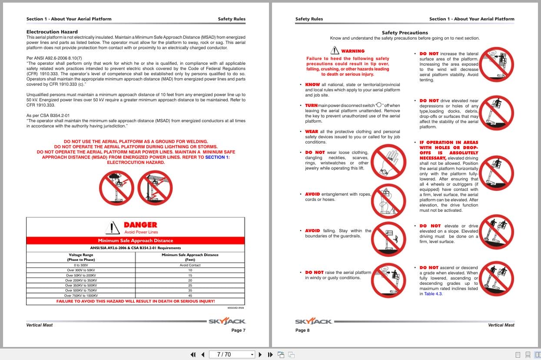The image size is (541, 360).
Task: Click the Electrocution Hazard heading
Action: coord(52,32)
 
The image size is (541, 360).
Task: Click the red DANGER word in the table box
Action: coord(140,225)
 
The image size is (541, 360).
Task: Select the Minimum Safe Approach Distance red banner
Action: coord(136,240)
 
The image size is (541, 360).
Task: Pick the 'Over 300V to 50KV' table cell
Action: coord(81,270)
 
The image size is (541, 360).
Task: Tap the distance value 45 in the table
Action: coord(190,296)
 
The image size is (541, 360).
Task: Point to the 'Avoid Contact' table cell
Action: coord(190,265)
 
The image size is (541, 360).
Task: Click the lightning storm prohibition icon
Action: coord(116,188)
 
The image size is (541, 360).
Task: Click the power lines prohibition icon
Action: coord(155,188)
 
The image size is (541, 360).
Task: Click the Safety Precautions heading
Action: coord(405,33)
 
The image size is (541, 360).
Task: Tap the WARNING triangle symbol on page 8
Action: coord(335,50)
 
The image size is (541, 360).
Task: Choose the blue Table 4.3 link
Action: coord(433,294)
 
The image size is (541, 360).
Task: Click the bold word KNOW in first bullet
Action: coord(312,85)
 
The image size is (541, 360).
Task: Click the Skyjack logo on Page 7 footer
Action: coord(227,322)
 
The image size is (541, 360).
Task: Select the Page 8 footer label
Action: coord(302,330)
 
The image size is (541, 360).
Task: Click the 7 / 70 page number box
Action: coord(232,354)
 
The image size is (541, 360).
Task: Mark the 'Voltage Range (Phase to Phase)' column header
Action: coord(81,257)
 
